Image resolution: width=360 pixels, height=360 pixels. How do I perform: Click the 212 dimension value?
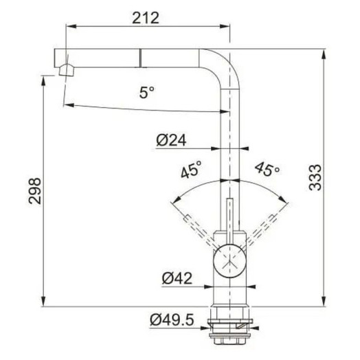[146, 18]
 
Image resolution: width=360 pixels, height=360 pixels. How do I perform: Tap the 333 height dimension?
[315, 177]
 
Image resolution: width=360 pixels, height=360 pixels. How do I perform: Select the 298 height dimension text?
[34, 191]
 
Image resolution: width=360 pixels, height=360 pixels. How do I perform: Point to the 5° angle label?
[147, 92]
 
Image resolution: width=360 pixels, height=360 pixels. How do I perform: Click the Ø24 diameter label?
[171, 140]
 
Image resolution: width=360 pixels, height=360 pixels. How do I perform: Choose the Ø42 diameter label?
[177, 278]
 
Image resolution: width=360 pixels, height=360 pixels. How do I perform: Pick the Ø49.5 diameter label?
[172, 319]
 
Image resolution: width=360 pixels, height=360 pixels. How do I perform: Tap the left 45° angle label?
[191, 169]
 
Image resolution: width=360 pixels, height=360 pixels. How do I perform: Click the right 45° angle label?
[267, 169]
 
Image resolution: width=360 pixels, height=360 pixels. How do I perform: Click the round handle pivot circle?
[230, 261]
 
